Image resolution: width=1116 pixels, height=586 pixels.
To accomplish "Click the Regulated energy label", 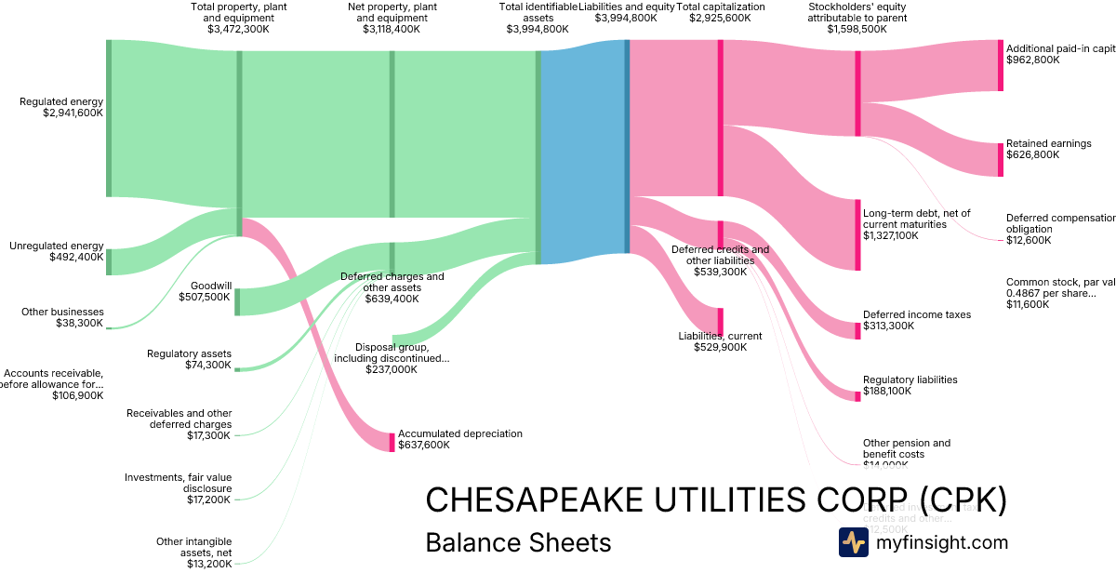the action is pos(61,107).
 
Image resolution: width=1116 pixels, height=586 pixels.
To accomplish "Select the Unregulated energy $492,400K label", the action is pos(57,251).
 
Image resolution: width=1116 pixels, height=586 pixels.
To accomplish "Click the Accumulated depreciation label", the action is pos(459,439).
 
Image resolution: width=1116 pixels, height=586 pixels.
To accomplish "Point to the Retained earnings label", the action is pos(1048,149).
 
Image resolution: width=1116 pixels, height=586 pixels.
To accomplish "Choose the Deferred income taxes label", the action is pos(916,320).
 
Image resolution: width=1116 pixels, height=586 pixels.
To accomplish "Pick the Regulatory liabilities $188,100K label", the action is pos(910,385).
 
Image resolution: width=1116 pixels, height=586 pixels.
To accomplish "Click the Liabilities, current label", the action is pos(720,341).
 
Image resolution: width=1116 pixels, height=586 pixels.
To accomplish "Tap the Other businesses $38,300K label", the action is pos(62,317).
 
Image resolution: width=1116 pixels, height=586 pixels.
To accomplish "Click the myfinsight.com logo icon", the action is pos(853,542).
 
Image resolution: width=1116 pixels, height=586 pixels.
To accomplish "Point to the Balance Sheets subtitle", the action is pos(518,542).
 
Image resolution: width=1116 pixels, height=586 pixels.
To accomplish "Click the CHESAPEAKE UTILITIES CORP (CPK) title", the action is pos(715,499).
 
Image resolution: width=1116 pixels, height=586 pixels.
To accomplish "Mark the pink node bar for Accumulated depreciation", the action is pos(392,442).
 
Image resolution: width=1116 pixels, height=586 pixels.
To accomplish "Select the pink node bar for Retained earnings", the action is pos(1001,159).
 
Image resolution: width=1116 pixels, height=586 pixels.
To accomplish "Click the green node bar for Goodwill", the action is pos(237,302).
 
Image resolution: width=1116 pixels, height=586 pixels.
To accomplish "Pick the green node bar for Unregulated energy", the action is pos(108,261).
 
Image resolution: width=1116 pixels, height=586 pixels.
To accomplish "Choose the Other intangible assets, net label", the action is pos(193,552).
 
